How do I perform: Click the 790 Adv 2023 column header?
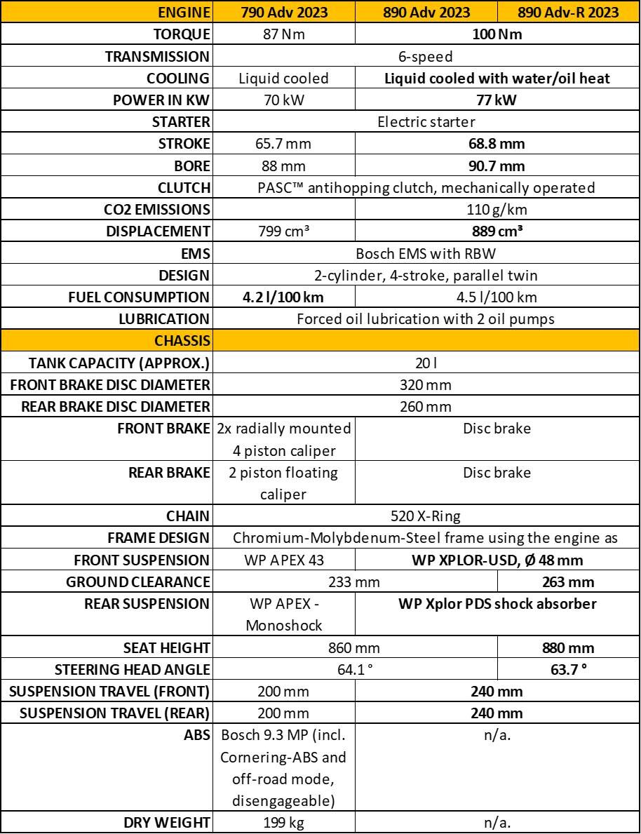point(285,12)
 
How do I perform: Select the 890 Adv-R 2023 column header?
point(568,12)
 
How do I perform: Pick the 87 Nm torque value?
point(285,34)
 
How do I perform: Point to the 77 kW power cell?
point(497,100)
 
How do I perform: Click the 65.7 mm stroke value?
point(285,144)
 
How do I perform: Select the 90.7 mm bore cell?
point(497,166)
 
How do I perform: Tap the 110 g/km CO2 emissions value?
point(497,209)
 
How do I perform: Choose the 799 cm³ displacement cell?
point(285,231)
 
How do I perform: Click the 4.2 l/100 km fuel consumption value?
point(285,297)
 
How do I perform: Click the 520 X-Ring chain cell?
point(426,516)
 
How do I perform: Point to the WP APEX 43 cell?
point(285,560)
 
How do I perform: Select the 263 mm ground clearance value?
point(568,581)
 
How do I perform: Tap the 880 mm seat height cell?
point(568,647)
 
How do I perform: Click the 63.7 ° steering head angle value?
point(568,669)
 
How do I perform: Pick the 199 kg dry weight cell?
point(285,822)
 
